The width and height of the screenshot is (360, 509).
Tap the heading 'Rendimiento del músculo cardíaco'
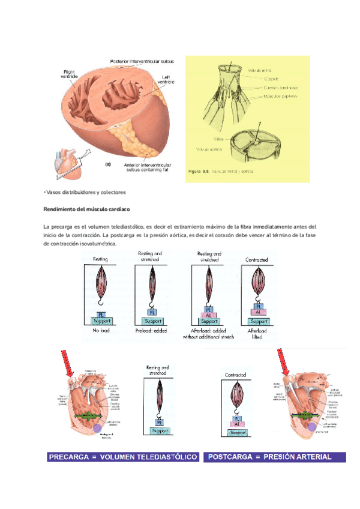(x=88, y=209)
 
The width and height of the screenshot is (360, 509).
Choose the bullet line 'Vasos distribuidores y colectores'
(x=84, y=192)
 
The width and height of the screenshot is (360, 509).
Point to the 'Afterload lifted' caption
(x=257, y=333)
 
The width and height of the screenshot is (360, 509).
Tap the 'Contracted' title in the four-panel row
(x=257, y=260)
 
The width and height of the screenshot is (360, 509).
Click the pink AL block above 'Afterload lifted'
(x=257, y=313)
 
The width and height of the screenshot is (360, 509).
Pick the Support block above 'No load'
(x=100, y=321)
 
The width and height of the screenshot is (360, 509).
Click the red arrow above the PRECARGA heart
(x=68, y=363)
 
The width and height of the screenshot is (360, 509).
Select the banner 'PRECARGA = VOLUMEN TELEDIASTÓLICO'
(x=123, y=457)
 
